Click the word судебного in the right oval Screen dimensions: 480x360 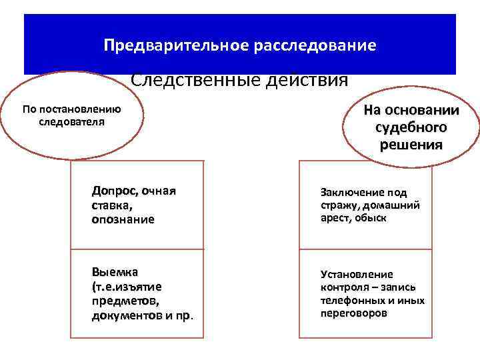(411, 127)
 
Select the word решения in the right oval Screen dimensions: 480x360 (411, 145)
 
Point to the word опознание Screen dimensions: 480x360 (123, 219)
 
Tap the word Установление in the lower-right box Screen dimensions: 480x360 (357, 274)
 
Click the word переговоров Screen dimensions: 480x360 (353, 313)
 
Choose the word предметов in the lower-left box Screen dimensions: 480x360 (121, 301)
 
